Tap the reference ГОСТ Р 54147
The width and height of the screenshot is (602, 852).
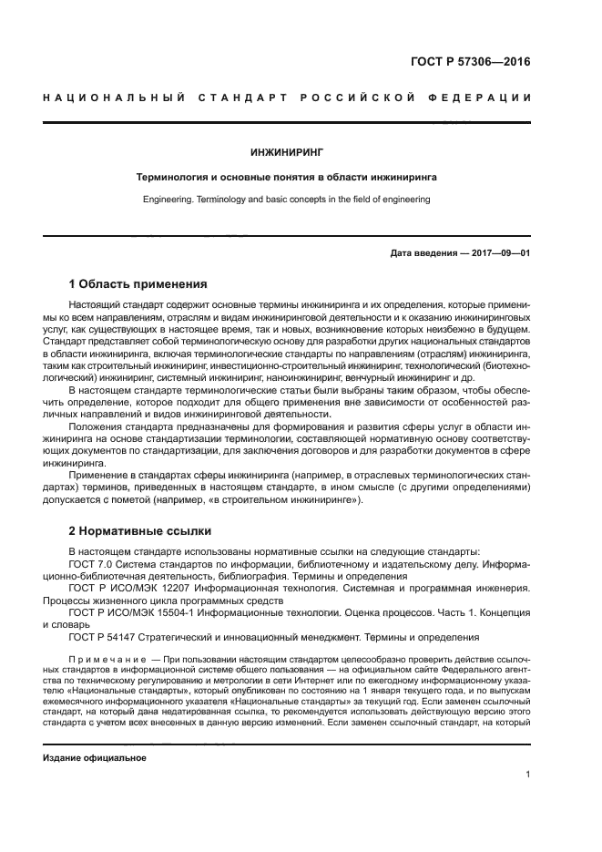[x=109, y=638]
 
